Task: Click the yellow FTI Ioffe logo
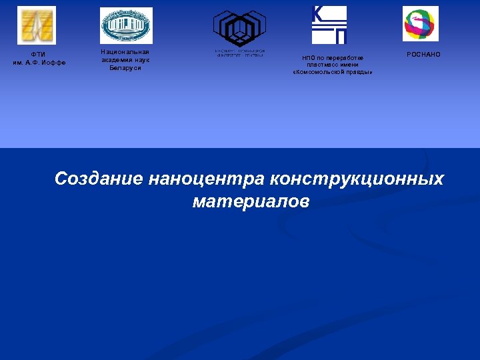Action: point(37,25)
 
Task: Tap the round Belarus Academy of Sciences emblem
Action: point(126,25)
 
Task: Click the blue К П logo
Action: point(329,25)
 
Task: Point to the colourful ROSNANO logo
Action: point(421,24)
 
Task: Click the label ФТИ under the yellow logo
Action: point(39,55)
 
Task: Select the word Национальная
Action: point(125,51)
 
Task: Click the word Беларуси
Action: point(125,68)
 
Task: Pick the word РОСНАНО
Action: point(423,54)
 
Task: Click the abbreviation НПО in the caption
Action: point(309,57)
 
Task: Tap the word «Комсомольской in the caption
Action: point(321,72)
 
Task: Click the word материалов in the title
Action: point(251,201)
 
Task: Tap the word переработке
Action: point(341,57)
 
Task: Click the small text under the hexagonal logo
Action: point(239,53)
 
